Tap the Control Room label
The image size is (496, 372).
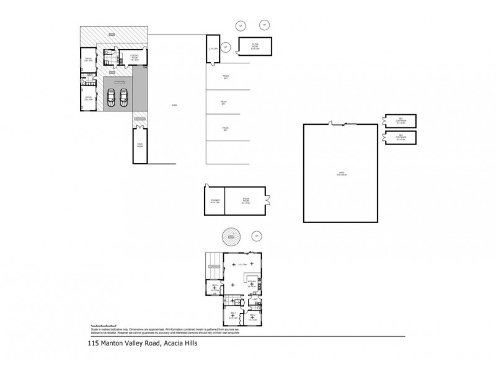[x=133, y=59]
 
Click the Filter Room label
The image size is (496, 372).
[x=255, y=45]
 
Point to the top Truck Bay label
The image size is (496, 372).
[x=226, y=77]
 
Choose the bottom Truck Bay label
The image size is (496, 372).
[x=226, y=129]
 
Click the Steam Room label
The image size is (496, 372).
[x=245, y=201]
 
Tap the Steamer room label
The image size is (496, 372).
[x=215, y=201]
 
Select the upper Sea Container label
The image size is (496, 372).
[x=401, y=120]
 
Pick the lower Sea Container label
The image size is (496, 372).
[x=401, y=138]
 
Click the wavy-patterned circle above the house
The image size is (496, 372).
[x=230, y=236]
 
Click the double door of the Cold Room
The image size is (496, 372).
[x=140, y=126]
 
